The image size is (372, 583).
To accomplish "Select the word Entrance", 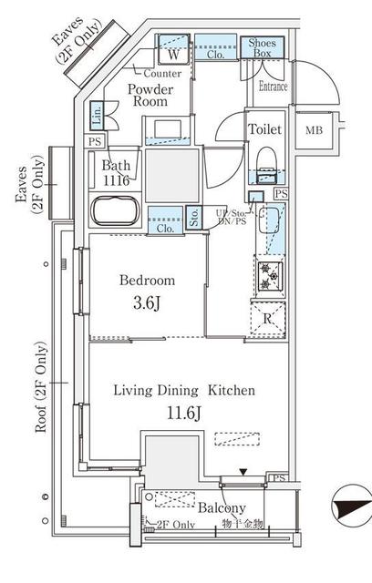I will [273, 87].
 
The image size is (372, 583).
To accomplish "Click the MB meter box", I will [315, 129].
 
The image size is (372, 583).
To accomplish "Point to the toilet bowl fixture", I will [267, 165].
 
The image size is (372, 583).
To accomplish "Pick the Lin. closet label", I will [97, 116].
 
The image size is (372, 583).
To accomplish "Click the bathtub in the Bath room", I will [115, 211].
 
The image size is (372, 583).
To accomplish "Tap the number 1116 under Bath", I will [116, 181].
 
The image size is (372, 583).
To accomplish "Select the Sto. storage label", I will [194, 218].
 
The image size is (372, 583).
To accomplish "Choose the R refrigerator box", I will [268, 320].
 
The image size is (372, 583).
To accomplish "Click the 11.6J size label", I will [183, 415].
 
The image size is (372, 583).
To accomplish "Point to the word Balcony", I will [221, 508].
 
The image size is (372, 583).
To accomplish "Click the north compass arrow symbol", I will [348, 504].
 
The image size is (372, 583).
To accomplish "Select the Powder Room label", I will [150, 97].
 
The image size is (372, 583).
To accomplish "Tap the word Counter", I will [161, 73].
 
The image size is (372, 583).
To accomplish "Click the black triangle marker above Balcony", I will [242, 471].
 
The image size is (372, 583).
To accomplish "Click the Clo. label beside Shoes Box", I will [215, 53].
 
